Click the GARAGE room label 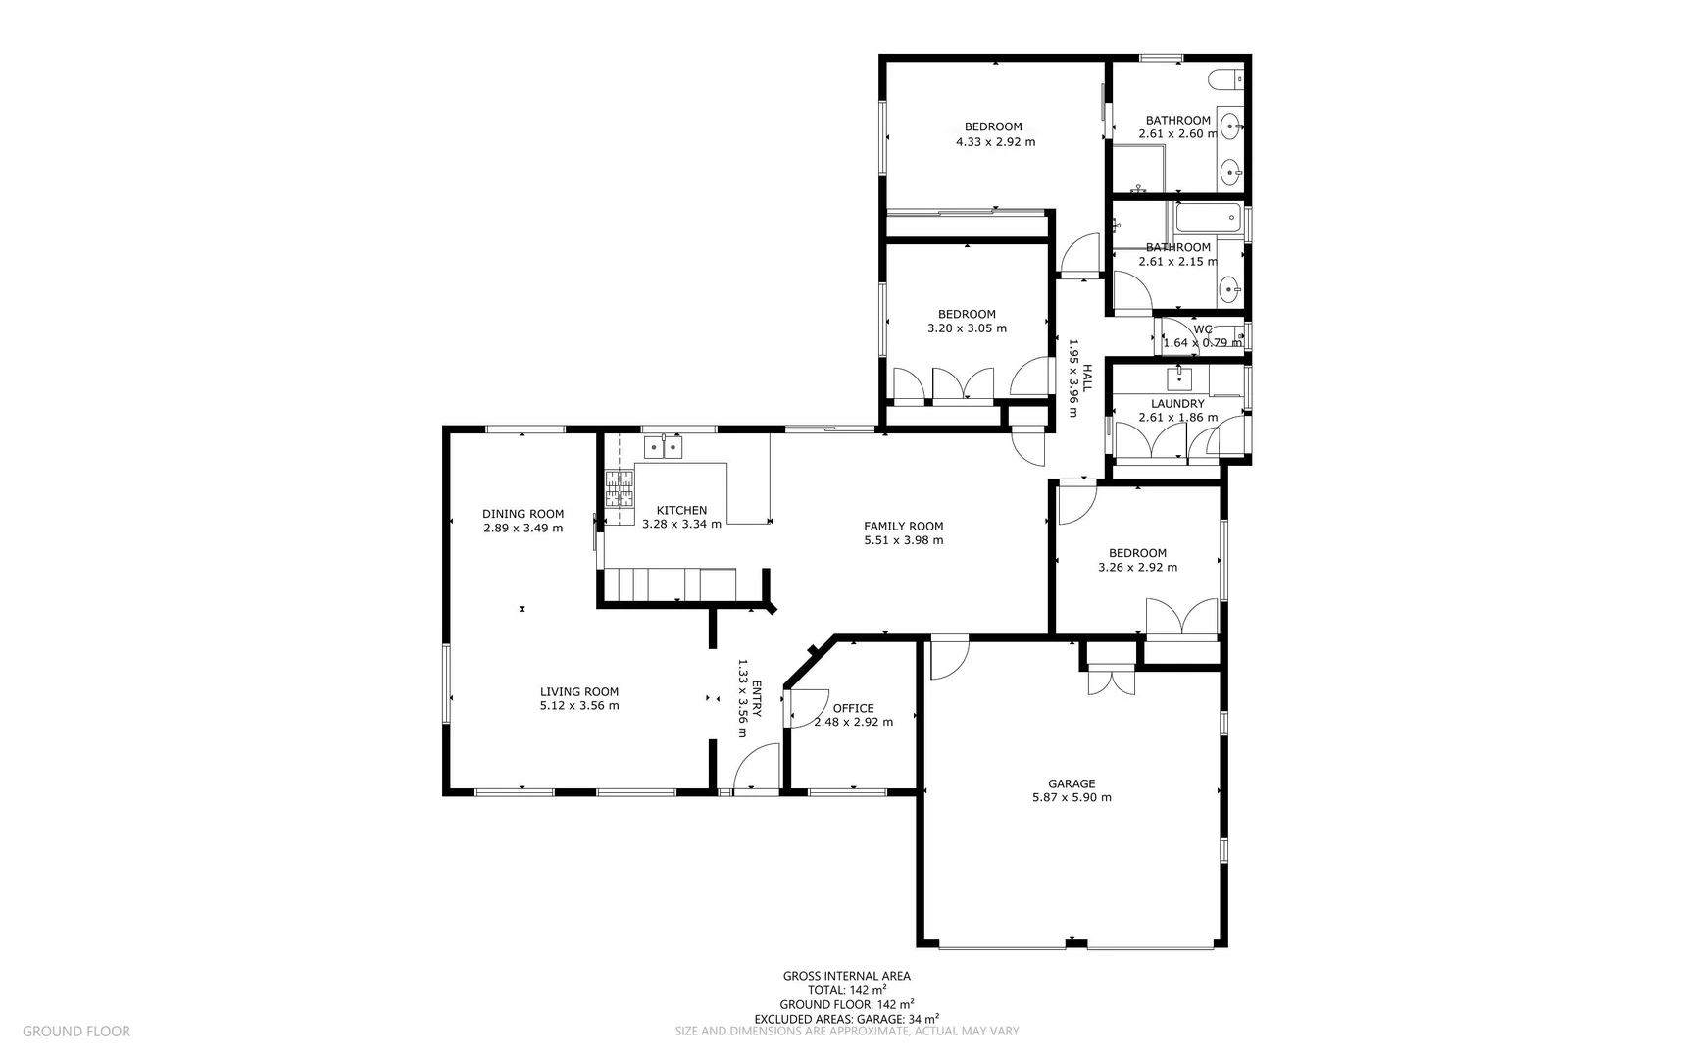pyautogui.click(x=1071, y=783)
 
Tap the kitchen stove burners pyautogui.click(x=619, y=488)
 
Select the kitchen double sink pyautogui.click(x=664, y=447)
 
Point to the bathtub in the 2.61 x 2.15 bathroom pyautogui.click(x=1208, y=218)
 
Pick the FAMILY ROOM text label pyautogui.click(x=903, y=526)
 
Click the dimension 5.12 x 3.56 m pyautogui.click(x=578, y=706)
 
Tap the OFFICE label pyautogui.click(x=853, y=708)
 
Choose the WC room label pyautogui.click(x=1203, y=329)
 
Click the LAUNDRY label pyautogui.click(x=1177, y=403)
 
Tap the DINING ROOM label pyautogui.click(x=523, y=514)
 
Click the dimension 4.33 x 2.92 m pyautogui.click(x=995, y=142)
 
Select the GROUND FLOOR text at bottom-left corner pyautogui.click(x=75, y=1031)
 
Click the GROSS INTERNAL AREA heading pyautogui.click(x=846, y=976)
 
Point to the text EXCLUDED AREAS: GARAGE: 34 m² pyautogui.click(x=846, y=1019)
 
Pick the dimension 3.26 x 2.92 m pyautogui.click(x=1137, y=568)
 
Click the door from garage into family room pyautogui.click(x=947, y=657)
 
